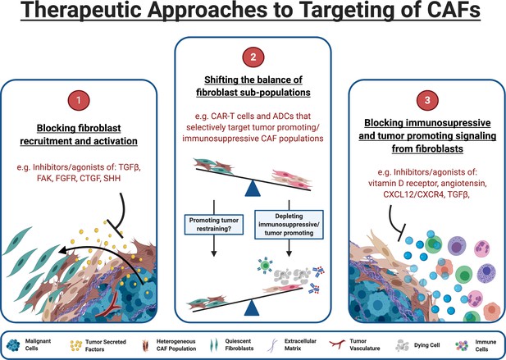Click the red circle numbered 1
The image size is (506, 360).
point(79,100)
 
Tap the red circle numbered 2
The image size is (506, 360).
point(253,57)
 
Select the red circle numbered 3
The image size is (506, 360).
point(427,100)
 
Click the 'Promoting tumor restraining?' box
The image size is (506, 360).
point(213,225)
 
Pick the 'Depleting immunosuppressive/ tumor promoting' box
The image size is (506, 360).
point(289,225)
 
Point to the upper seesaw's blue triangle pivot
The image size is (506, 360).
point(253,189)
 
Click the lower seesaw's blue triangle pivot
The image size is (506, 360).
point(252,308)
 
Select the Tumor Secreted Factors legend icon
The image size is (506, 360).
point(75,345)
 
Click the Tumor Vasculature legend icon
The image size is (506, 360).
point(337,344)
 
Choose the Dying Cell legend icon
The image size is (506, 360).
point(403,345)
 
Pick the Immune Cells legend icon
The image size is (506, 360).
point(462,345)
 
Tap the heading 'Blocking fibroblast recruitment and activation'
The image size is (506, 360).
point(79,134)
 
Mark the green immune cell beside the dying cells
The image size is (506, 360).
point(265,265)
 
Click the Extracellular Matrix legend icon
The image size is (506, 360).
point(274,345)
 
